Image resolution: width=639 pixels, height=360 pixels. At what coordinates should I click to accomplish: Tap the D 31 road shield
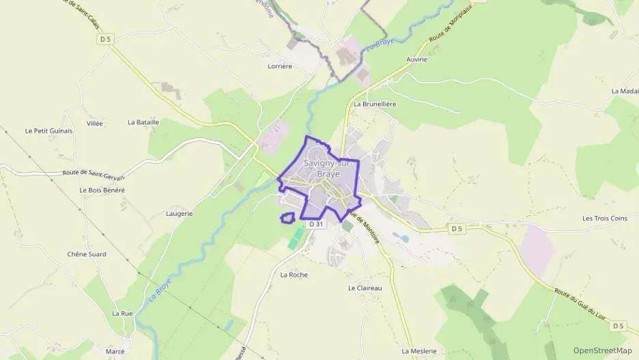pyautogui.click(x=315, y=223)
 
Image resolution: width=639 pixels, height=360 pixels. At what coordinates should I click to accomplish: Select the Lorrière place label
pyautogui.click(x=280, y=66)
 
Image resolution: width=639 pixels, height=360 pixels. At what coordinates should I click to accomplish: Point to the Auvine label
pyautogui.click(x=416, y=59)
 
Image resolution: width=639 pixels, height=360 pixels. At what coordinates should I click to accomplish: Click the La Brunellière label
pyautogui.click(x=375, y=104)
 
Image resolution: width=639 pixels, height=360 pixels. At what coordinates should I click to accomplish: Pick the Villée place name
pyautogui.click(x=95, y=124)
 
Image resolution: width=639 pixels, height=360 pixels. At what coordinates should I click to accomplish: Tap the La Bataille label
pyautogui.click(x=143, y=122)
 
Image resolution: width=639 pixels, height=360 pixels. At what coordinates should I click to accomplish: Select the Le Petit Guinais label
pyautogui.click(x=48, y=130)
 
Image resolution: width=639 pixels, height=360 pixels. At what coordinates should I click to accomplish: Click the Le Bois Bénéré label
pyautogui.click(x=102, y=190)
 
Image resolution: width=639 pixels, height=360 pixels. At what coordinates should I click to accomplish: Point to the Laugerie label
pyautogui.click(x=180, y=213)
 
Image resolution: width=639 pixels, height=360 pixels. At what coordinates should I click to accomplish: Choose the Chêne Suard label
pyautogui.click(x=87, y=254)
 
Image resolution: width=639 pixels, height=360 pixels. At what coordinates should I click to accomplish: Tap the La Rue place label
pyautogui.click(x=122, y=313)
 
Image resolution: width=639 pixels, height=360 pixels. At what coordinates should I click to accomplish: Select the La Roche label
pyautogui.click(x=294, y=275)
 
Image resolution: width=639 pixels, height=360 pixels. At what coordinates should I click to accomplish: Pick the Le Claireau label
pyautogui.click(x=365, y=288)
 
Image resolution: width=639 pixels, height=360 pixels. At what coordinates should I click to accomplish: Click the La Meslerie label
pyautogui.click(x=418, y=351)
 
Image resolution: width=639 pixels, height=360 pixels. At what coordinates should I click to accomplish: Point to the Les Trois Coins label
pyautogui.click(x=604, y=219)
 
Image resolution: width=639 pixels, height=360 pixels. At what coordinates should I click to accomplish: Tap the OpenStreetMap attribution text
pyautogui.click(x=603, y=350)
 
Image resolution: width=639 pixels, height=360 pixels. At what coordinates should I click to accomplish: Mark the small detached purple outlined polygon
pyautogui.click(x=287, y=218)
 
